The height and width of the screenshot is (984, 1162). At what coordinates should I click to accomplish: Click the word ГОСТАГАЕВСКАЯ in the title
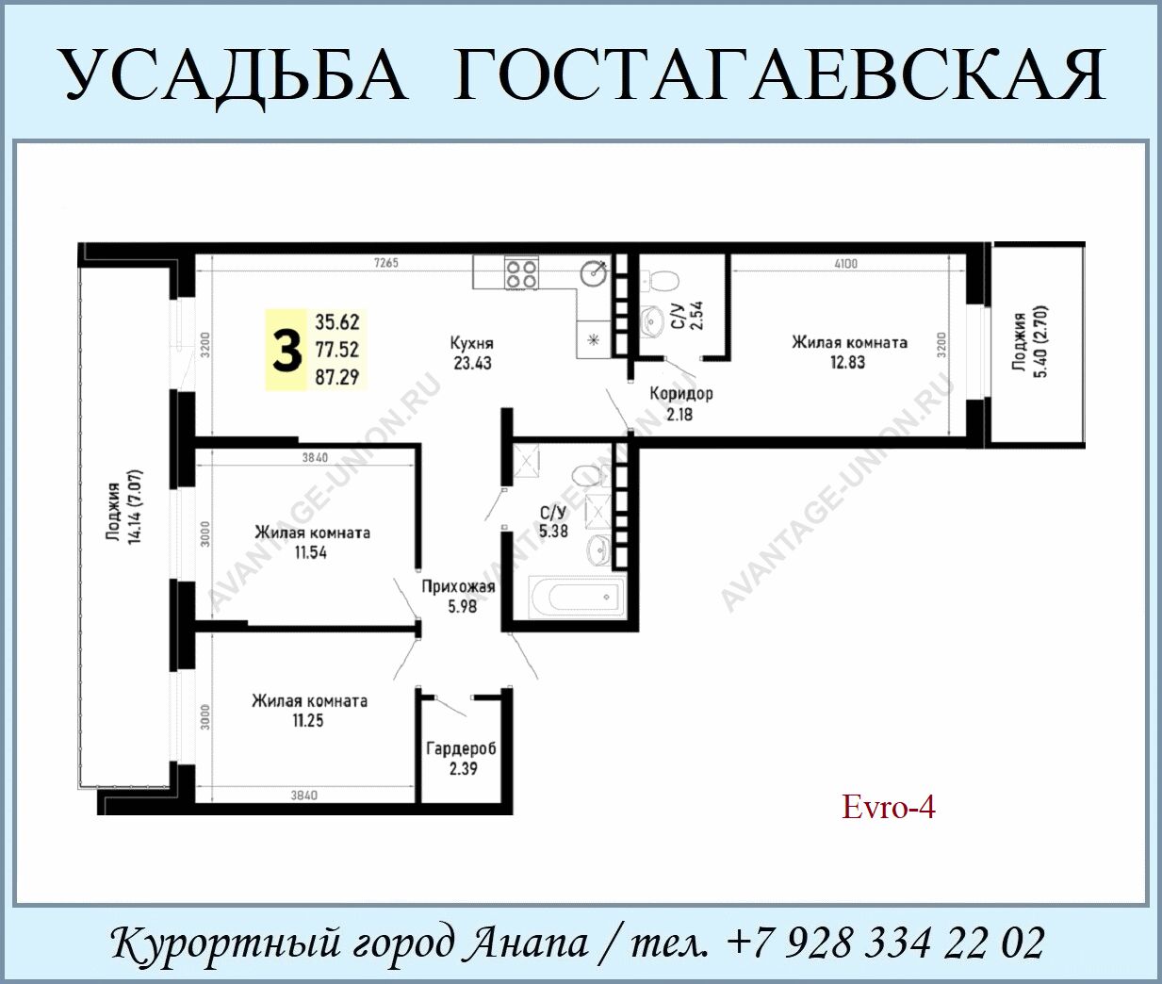coord(778,74)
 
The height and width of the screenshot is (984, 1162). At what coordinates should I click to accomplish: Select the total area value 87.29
coord(337,377)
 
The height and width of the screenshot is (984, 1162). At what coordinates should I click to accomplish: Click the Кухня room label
coord(471,343)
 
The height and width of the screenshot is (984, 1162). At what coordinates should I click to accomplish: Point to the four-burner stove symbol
coord(521,274)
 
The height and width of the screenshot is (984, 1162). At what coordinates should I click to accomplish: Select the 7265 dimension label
coord(386,263)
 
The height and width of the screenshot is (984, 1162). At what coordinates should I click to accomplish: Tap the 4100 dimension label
coord(846,263)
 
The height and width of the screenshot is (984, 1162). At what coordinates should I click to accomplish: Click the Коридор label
coord(681,394)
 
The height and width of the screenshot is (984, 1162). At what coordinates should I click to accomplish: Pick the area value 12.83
coord(848,363)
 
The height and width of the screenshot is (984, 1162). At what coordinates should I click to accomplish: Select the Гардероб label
coord(461,749)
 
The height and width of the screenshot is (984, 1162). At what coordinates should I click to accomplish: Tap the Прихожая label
coord(458,587)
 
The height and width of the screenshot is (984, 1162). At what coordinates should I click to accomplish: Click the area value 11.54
coord(310,552)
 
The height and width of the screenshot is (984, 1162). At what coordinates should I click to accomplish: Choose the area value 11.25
coord(308,720)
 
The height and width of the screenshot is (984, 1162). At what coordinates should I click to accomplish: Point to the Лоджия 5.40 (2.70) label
coord(1030,342)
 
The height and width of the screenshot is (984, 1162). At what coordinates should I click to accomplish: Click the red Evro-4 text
coord(888,808)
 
